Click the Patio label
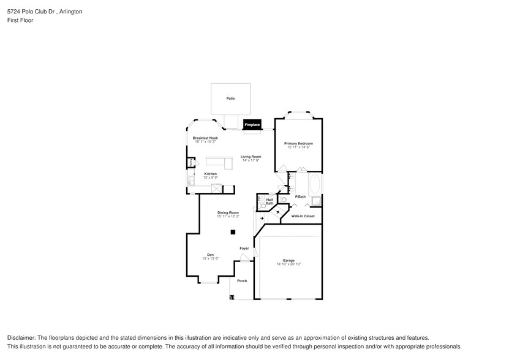click(230, 98)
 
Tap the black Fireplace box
click(252, 124)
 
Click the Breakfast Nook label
click(205, 138)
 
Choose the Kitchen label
click(210, 174)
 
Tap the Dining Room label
click(228, 212)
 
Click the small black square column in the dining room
click(232, 232)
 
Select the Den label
click(210, 255)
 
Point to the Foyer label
click(244, 249)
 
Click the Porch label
click(242, 281)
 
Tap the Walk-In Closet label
click(303, 216)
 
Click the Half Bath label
click(270, 201)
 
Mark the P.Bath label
click(300, 197)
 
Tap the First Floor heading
click(20, 20)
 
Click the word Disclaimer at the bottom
click(22, 338)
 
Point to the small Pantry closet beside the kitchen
click(191, 163)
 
